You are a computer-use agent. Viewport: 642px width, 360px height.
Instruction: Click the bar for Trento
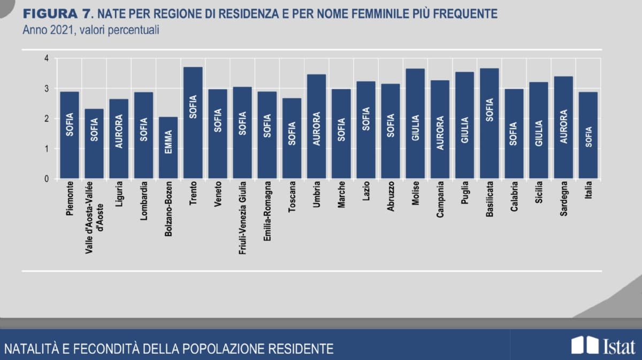(x=193, y=122)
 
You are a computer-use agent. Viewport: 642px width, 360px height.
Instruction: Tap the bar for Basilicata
(x=490, y=123)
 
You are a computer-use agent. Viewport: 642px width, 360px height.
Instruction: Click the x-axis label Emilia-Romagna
(x=267, y=212)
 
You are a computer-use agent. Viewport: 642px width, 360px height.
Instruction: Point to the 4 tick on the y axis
(x=47, y=58)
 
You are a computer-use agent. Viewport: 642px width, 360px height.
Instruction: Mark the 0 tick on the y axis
(x=47, y=179)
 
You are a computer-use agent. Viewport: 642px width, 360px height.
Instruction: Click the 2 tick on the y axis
(x=47, y=119)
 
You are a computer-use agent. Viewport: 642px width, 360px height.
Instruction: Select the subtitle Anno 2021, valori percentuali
(x=90, y=29)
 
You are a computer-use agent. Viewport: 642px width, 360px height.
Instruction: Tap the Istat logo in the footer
(x=602, y=346)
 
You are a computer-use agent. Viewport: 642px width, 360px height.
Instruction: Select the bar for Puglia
(x=464, y=125)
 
